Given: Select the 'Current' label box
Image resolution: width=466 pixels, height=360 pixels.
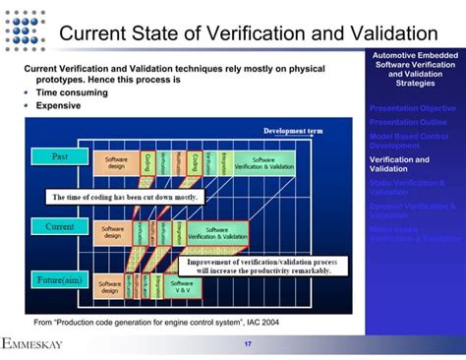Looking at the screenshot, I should click(x=60, y=226).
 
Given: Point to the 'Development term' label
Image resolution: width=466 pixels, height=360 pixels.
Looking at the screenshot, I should click(x=293, y=131).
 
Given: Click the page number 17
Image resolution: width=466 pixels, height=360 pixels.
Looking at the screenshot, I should click(x=248, y=343).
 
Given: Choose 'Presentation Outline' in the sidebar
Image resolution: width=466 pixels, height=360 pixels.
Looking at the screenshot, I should click(x=407, y=121).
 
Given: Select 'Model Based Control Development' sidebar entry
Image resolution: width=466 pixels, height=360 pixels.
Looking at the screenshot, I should click(x=408, y=140).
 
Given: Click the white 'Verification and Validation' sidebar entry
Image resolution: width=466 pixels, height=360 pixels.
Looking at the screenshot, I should click(x=399, y=163).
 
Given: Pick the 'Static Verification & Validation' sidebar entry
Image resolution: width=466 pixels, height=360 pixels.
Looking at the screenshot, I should click(x=407, y=187).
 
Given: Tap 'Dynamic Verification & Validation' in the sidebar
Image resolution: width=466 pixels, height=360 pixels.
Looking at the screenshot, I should click(x=412, y=210).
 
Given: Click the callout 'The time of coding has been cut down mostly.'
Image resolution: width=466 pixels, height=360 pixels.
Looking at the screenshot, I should click(x=125, y=196).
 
